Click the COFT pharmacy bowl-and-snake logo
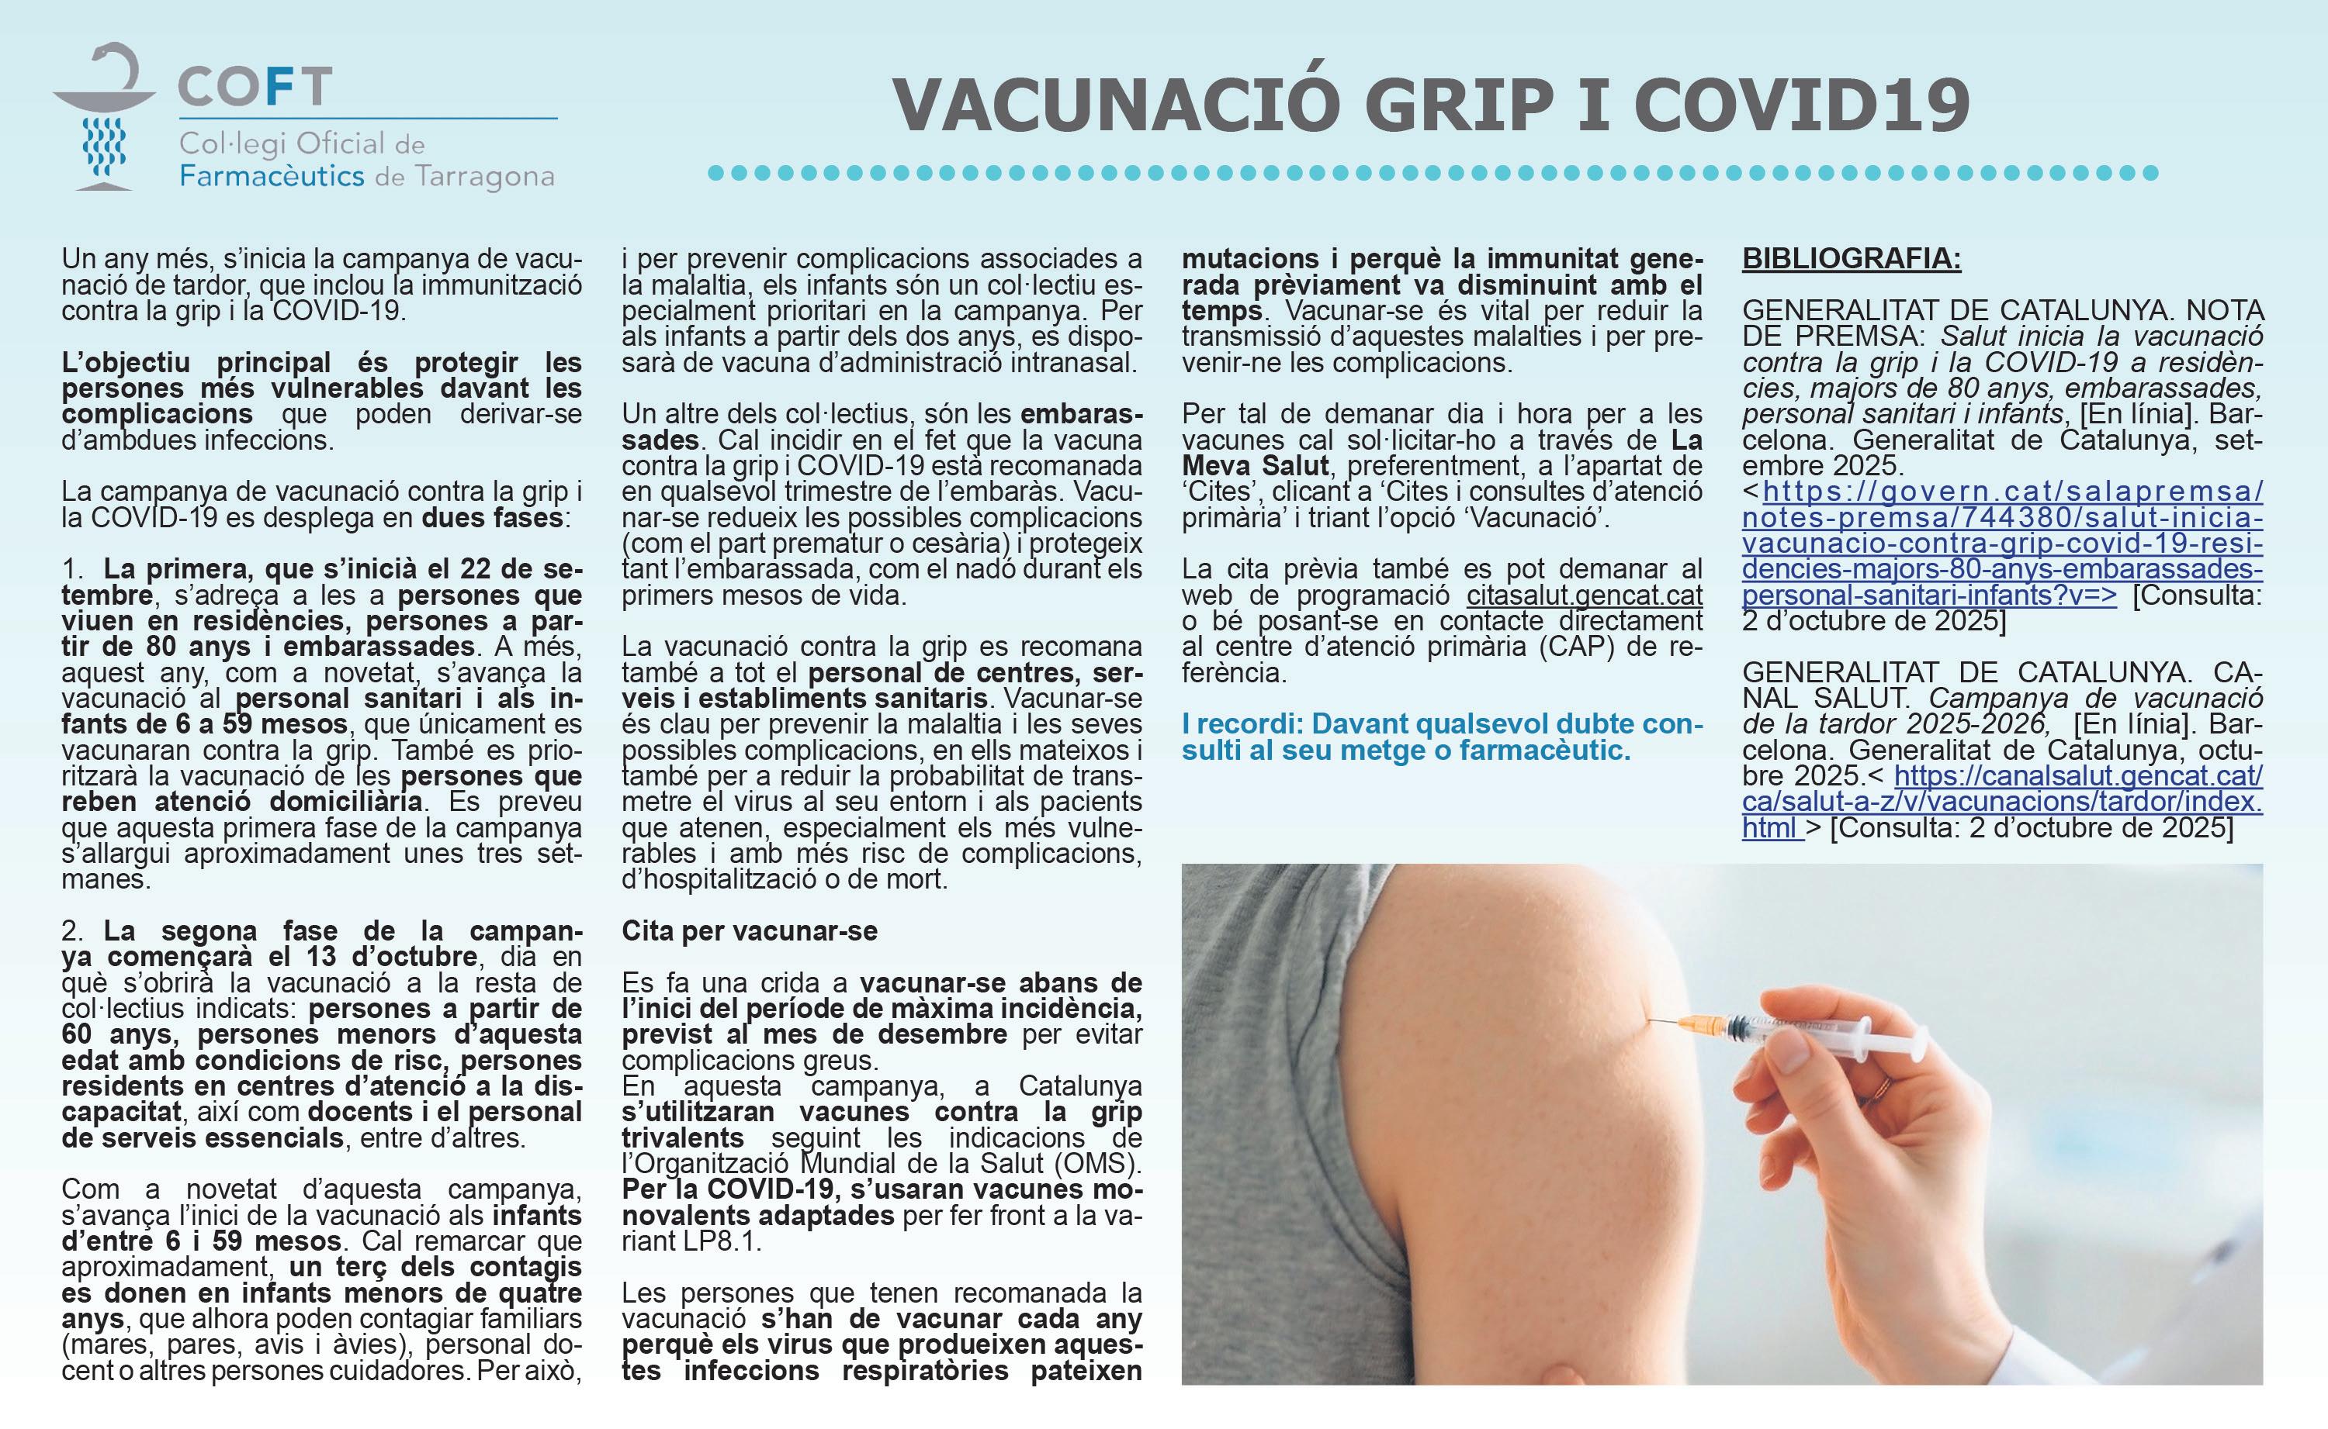[x=104, y=117]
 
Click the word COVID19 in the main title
[x=1801, y=105]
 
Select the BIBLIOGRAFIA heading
[x=1852, y=259]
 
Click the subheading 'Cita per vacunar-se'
[x=749, y=931]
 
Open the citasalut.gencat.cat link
[x=1585, y=595]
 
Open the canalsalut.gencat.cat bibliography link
[x=2078, y=776]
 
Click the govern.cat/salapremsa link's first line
[x=2013, y=492]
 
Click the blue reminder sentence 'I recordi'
[x=1442, y=737]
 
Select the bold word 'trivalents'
[x=683, y=1138]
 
